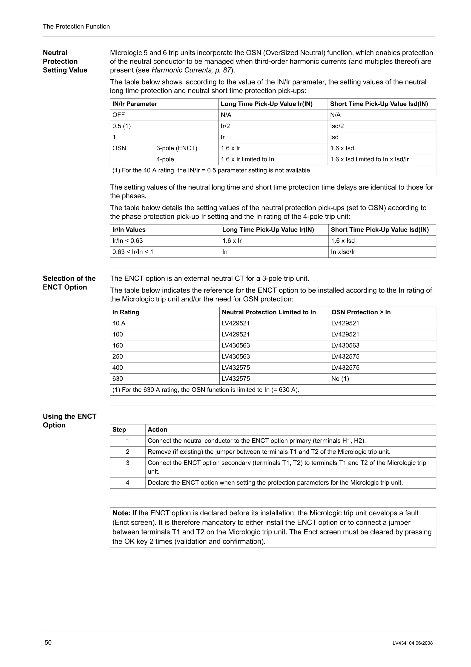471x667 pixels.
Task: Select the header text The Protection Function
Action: tap(76, 26)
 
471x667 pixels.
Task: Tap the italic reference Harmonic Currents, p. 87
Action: tap(191, 70)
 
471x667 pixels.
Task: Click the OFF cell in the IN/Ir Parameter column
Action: tap(119, 115)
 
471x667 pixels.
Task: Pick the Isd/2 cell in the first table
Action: tap(337, 126)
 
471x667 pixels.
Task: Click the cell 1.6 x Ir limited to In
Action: tap(247, 159)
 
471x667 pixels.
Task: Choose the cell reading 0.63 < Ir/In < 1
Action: tap(133, 252)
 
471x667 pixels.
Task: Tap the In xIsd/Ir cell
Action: tap(343, 252)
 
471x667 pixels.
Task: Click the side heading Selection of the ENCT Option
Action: tap(69, 283)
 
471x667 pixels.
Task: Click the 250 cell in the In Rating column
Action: tap(118, 357)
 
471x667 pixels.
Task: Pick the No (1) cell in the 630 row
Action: tap(340, 379)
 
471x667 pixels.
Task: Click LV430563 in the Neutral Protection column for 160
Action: tap(236, 345)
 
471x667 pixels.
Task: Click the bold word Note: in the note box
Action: tap(121, 513)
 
